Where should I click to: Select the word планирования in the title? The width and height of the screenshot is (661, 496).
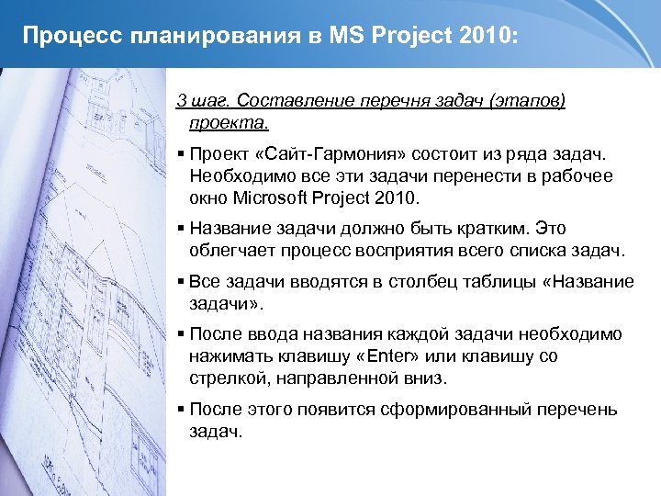point(208,36)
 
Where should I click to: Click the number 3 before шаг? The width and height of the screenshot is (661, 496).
point(180,99)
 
